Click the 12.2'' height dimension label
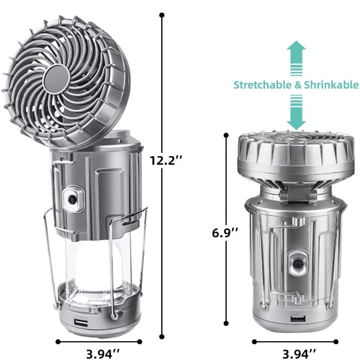[x=166, y=160]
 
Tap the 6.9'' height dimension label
[x=225, y=233]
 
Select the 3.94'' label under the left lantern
[x=103, y=354]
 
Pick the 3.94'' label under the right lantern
[x=299, y=354]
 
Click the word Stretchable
[x=262, y=85]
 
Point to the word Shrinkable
[x=331, y=85]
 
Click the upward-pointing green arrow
[x=296, y=58]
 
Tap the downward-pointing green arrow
[x=296, y=112]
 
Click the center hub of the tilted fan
[x=56, y=78]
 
